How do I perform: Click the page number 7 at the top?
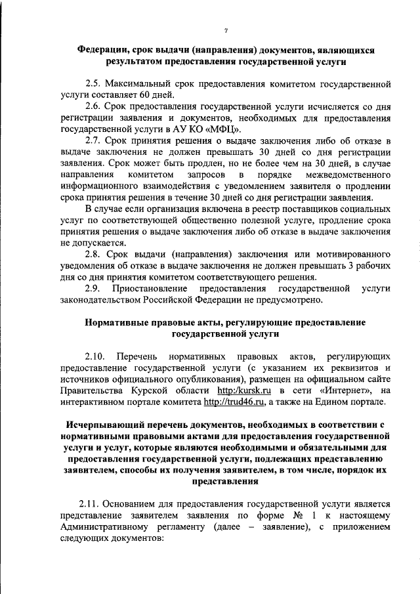pos(225,30)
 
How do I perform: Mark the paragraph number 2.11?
pos(89,505)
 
